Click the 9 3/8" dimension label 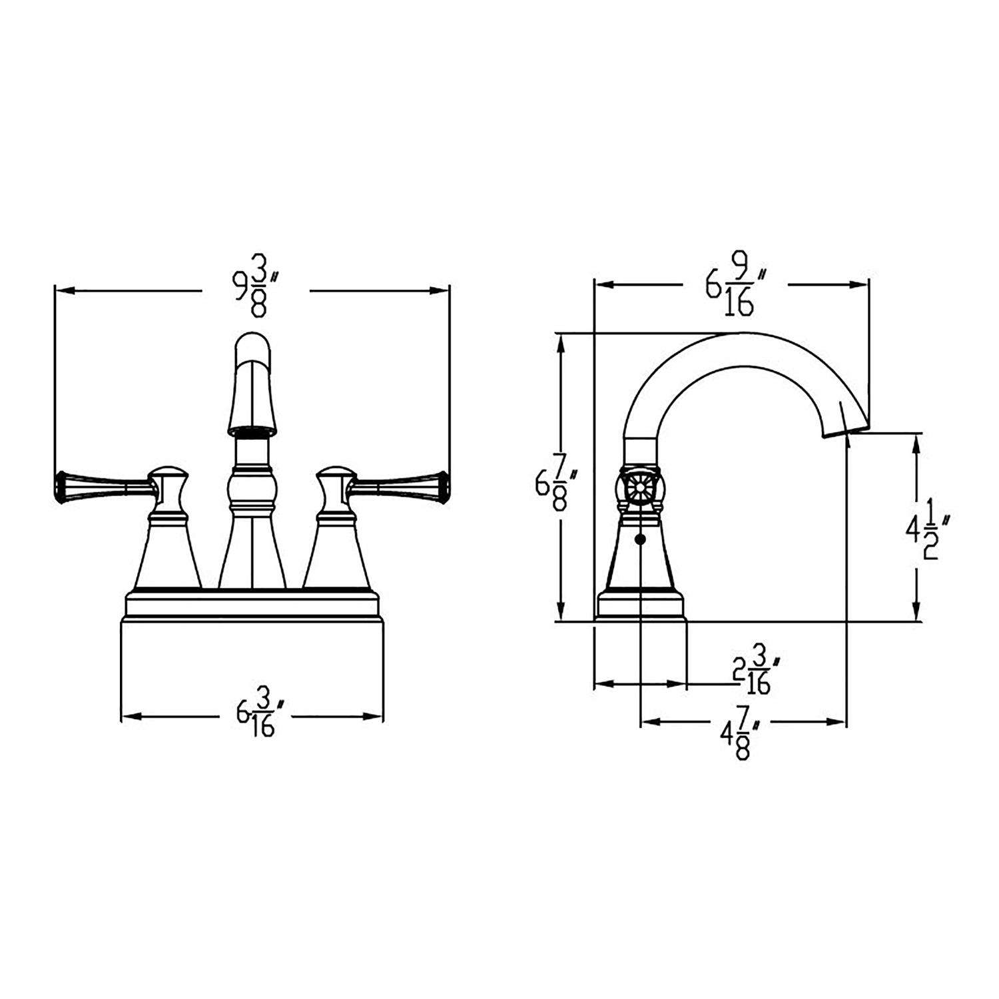click(256, 291)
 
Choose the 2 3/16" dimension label click(754, 673)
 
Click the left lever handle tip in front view click(61, 485)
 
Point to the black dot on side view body click(641, 539)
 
